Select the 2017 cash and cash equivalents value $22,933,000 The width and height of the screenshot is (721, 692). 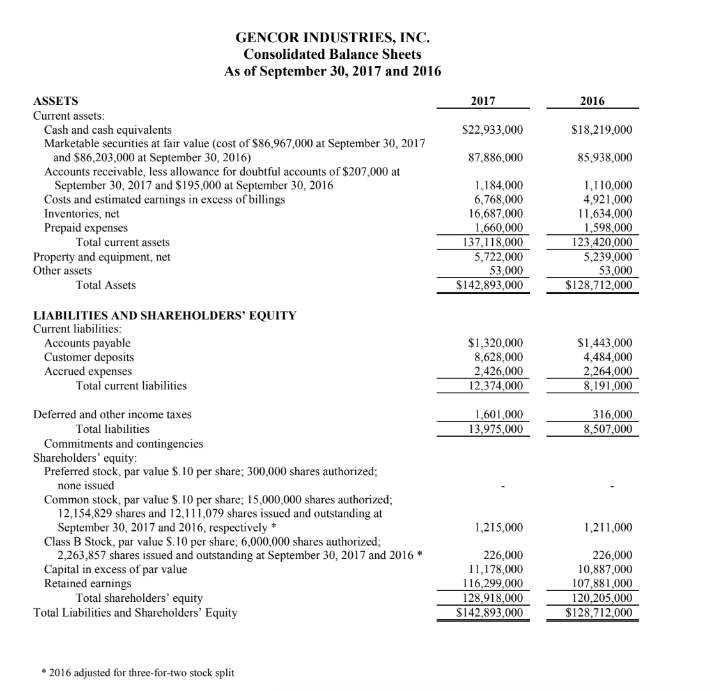point(492,130)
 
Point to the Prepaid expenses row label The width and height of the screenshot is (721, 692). point(86,228)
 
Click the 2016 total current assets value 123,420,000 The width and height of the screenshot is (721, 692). point(600,242)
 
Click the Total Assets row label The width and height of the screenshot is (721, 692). point(105,285)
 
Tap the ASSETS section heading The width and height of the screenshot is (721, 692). point(56,100)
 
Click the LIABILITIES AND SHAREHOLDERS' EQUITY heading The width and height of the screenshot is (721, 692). point(164,315)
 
